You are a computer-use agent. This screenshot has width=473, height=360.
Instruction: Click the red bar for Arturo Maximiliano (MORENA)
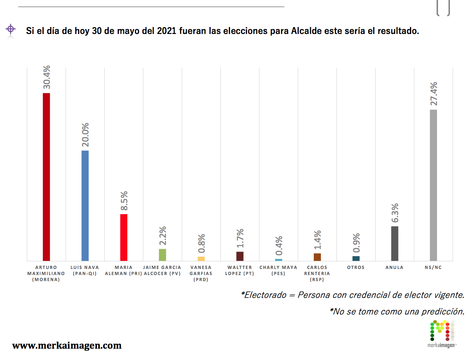(x=46, y=177)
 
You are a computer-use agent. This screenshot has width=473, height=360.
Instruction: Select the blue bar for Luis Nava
(x=85, y=205)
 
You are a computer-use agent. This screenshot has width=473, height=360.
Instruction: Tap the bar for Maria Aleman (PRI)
(x=124, y=237)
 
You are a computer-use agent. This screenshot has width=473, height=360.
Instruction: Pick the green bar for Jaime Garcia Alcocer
(x=163, y=255)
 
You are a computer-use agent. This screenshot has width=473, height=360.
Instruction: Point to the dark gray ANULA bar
(x=395, y=244)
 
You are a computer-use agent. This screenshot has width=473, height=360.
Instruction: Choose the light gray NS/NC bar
(x=433, y=185)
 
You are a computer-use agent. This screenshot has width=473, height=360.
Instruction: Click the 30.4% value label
(x=46, y=77)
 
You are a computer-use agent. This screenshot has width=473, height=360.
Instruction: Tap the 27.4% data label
(x=434, y=93)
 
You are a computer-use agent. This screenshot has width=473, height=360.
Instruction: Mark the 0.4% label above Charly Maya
(x=279, y=246)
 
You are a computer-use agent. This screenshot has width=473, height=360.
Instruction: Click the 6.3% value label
(x=395, y=212)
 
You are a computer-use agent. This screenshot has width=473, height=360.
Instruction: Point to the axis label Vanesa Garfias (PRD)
(x=201, y=273)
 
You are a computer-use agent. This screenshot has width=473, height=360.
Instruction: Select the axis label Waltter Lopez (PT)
(x=240, y=270)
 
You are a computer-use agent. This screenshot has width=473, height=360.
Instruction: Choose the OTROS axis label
(x=356, y=267)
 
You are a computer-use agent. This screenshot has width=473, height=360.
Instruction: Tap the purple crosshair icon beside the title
(x=11, y=29)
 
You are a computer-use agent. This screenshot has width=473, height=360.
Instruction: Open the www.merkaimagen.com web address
(x=67, y=345)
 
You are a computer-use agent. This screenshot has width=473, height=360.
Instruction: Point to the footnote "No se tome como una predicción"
(x=397, y=311)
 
